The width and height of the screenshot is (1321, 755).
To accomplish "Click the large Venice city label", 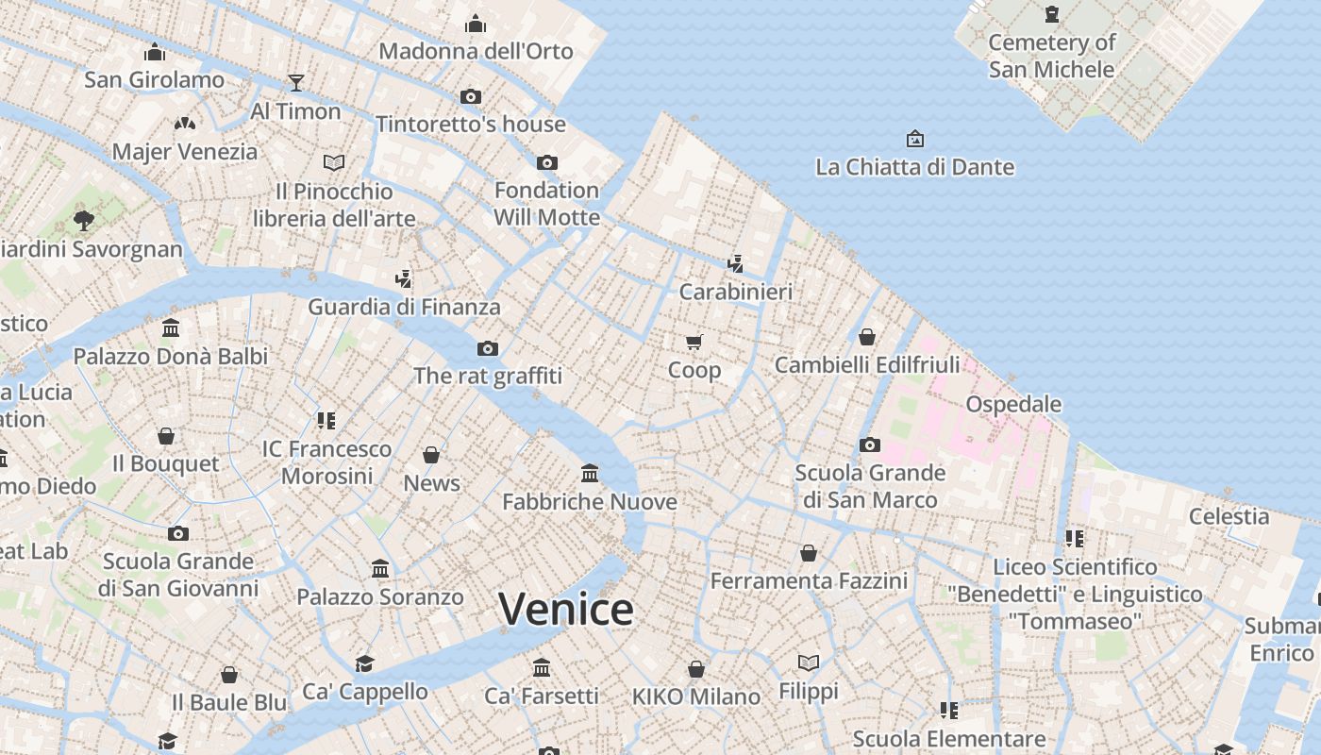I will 566,609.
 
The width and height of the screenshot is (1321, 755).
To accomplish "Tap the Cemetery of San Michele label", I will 1051,56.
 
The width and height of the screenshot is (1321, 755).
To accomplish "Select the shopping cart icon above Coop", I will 694,342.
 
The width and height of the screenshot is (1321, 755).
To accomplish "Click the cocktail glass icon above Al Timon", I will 296,83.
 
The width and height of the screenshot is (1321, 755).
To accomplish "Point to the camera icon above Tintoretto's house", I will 471,96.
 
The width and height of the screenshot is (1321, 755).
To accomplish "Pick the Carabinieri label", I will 736,292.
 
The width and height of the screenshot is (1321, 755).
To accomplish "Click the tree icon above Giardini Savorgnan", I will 84,221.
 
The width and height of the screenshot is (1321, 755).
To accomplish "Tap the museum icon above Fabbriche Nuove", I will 590,473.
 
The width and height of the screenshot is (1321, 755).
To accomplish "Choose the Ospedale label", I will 1013,404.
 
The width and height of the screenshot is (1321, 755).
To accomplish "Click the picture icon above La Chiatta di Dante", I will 914,140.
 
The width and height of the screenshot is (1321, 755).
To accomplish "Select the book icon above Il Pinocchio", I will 334,163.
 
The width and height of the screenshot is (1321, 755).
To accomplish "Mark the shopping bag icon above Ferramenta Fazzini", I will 809,553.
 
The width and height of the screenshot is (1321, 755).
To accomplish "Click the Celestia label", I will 1229,516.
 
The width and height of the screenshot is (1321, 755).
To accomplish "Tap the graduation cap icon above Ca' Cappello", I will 364,663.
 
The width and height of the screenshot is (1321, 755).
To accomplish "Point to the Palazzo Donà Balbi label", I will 171,357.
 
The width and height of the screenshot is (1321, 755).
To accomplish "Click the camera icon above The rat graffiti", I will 488,348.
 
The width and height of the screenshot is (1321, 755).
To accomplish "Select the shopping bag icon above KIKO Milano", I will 696,669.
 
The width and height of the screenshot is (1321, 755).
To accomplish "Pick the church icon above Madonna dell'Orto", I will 476,24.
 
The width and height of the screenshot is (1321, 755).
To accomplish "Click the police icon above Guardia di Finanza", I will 404,278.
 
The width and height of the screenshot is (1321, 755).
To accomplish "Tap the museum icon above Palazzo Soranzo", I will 380,568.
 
